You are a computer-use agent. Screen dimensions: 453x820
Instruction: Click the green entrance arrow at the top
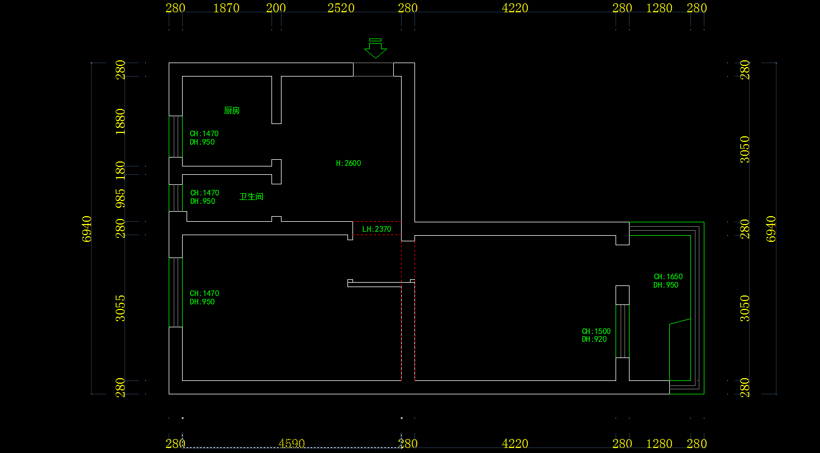pos(375,49)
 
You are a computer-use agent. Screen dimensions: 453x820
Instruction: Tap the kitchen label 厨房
pos(232,111)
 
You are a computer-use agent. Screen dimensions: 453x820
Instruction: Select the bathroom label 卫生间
pos(251,197)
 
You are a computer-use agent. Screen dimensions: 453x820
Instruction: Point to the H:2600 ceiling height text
pos(349,164)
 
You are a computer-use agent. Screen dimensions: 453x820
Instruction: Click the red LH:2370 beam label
pos(376,229)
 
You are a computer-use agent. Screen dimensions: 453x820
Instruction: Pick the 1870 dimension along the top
pos(226,8)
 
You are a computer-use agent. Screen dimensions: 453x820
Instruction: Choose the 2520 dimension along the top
pos(341,8)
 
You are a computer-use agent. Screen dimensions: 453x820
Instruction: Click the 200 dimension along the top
pos(276,8)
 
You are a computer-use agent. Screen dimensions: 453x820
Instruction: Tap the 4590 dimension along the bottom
pos(292,444)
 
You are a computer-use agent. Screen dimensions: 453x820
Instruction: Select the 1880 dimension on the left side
pos(120,121)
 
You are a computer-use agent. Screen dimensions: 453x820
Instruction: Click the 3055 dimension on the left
pos(120,308)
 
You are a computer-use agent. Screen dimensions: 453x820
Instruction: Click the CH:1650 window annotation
pos(668,276)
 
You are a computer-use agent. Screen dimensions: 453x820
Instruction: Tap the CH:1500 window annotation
pos(596,331)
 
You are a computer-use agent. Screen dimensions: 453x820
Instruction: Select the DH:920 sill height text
pos(594,339)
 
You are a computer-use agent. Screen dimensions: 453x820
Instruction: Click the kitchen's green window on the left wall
pos(175,136)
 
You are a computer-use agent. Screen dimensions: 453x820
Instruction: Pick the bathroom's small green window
pos(175,198)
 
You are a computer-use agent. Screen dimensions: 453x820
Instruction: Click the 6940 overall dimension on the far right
pos(771,228)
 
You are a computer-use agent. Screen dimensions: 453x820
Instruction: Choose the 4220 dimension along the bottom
pos(514,444)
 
